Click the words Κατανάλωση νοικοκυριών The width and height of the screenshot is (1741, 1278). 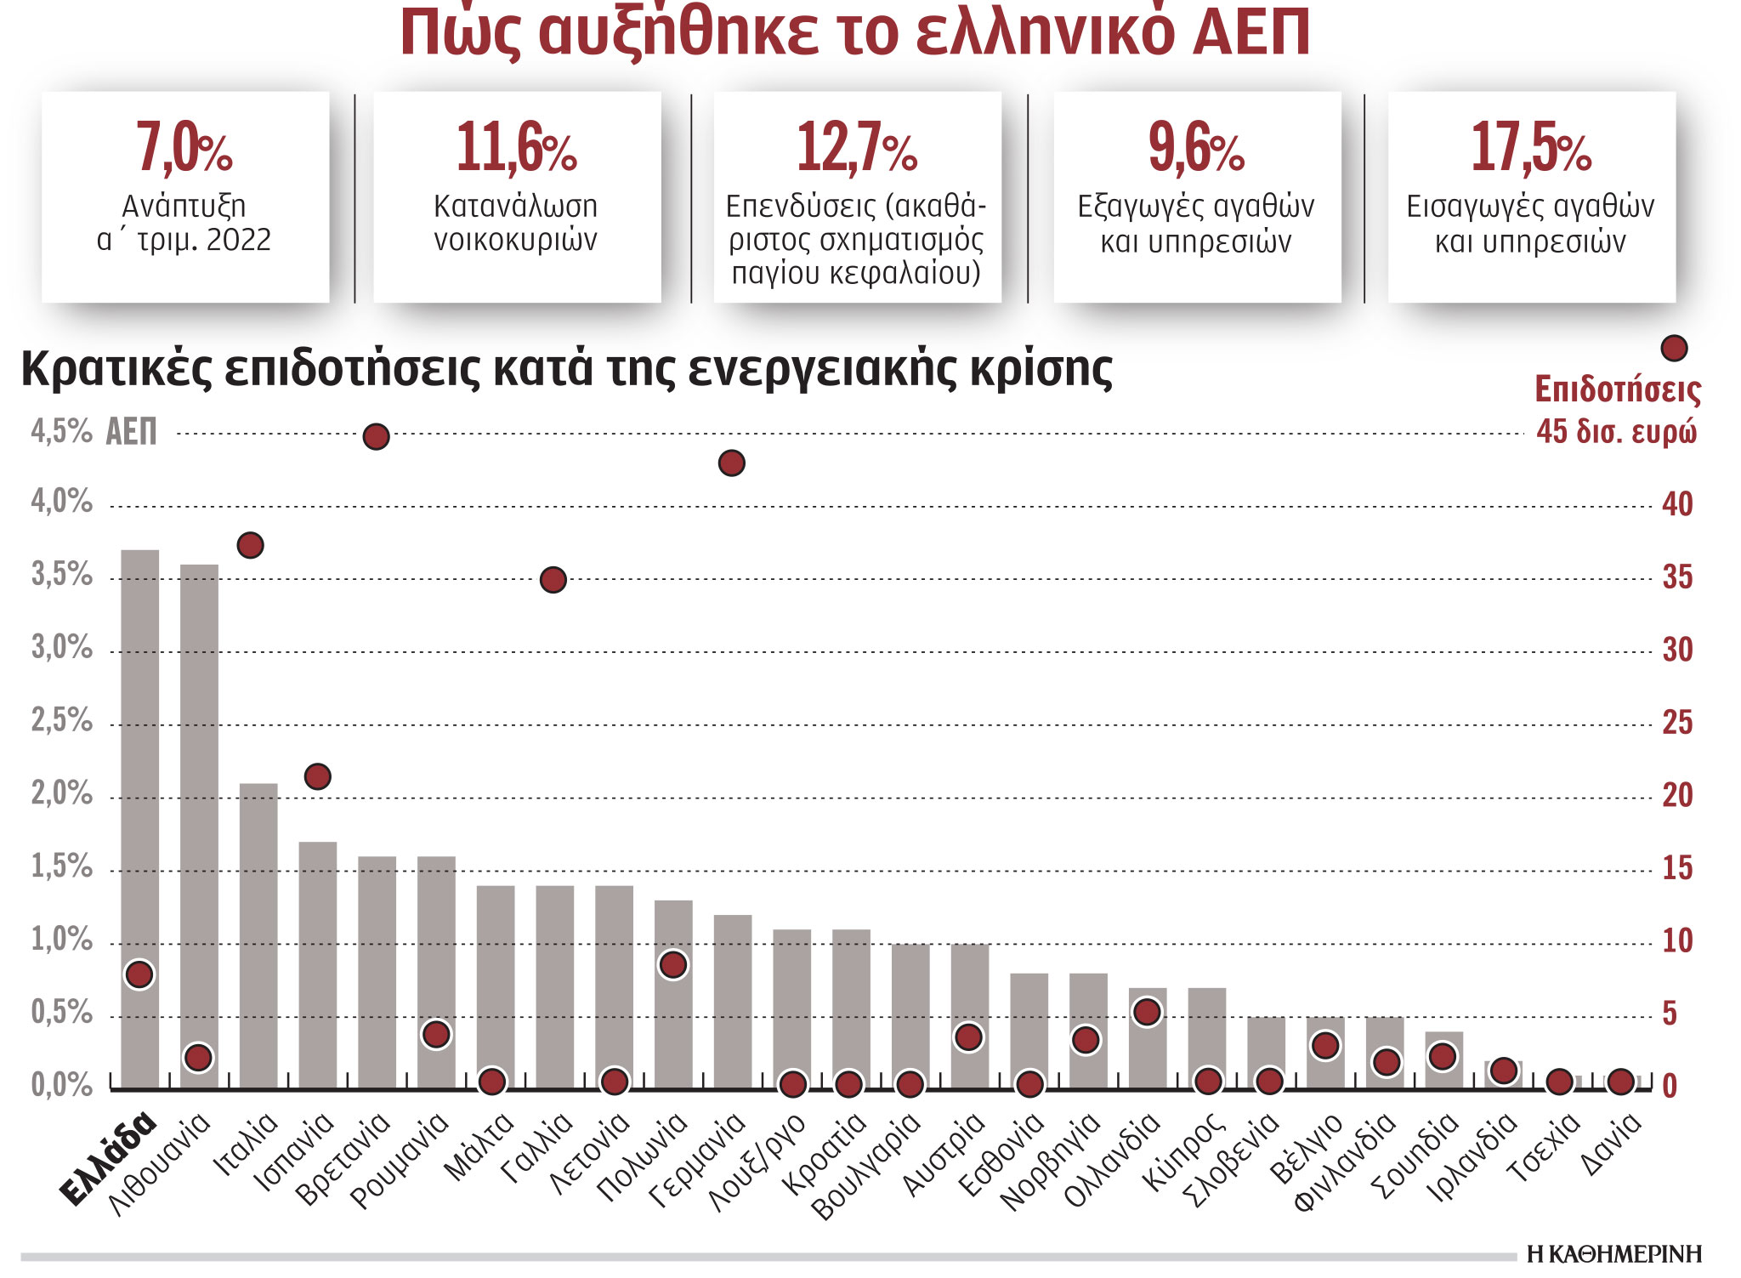click(x=516, y=223)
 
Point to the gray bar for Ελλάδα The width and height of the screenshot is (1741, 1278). click(x=140, y=765)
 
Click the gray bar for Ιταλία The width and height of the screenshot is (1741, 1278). click(x=258, y=935)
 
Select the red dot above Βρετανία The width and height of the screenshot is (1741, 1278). click(x=377, y=437)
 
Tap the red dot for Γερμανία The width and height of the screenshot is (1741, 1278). click(x=732, y=463)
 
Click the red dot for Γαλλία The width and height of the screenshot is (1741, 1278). click(x=553, y=580)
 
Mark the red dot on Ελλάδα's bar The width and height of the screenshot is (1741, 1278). click(x=139, y=974)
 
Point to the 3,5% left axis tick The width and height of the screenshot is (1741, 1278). click(x=61, y=575)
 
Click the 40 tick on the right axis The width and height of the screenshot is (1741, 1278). click(x=1677, y=504)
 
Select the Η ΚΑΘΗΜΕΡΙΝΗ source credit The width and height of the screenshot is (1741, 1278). click(x=1613, y=1254)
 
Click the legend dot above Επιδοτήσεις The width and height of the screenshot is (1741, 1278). click(x=1674, y=348)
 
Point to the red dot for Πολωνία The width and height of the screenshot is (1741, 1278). click(x=673, y=965)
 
